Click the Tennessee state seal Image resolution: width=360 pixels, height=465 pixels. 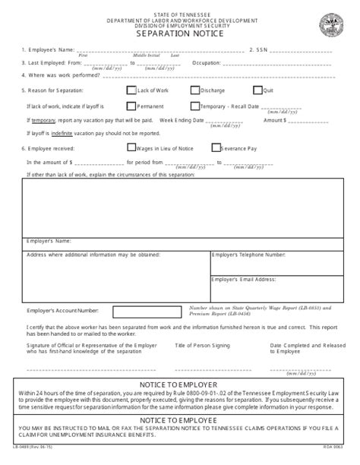click(x=333, y=21)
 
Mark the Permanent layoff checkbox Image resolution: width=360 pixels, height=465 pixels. click(x=131, y=107)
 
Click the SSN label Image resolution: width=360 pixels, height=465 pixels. click(x=260, y=50)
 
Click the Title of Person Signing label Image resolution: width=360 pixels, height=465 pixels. click(x=200, y=345)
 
